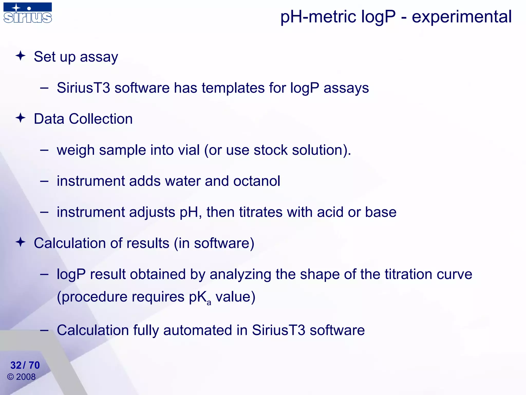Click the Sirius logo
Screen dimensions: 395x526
coord(28,13)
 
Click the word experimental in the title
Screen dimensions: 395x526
coord(462,17)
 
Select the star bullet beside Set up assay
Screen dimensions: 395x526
coord(21,56)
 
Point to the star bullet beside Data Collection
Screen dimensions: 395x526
coord(21,118)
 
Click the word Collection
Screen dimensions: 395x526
coord(101,119)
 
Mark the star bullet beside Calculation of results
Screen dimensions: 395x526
coord(21,242)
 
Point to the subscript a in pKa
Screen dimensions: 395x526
coord(209,302)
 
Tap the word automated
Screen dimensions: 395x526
coord(198,330)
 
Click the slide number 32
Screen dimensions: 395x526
coord(16,365)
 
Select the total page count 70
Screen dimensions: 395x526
coord(34,365)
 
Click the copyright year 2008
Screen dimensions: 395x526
coord(26,377)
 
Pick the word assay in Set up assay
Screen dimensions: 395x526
coord(99,57)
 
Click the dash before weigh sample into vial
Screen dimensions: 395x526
coord(44,150)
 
